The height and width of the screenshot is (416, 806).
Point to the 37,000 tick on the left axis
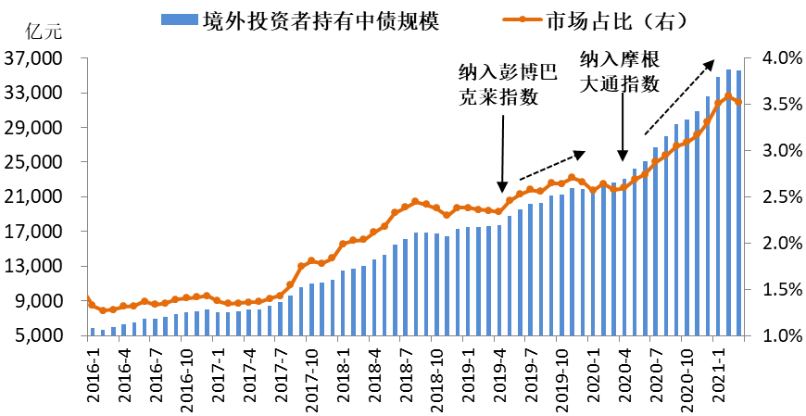(x=36, y=58)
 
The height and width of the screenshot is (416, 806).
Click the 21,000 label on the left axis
(x=36, y=197)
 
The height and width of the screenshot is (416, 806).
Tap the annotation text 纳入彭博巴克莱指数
(x=498, y=85)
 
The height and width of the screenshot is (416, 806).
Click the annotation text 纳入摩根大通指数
(x=619, y=71)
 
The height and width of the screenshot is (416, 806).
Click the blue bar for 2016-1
(x=93, y=331)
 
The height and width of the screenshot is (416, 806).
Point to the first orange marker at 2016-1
(x=88, y=298)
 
